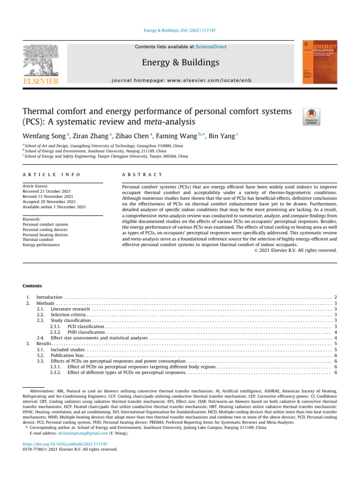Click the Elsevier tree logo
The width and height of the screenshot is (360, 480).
[41, 61]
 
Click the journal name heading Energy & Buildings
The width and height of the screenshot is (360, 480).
[180, 62]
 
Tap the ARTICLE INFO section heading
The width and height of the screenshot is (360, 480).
[52, 174]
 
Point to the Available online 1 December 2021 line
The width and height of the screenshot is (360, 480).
[54, 207]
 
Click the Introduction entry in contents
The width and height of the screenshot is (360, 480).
[49, 297]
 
